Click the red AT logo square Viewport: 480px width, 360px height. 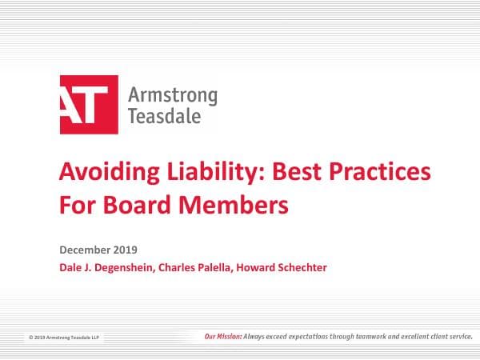(89, 104)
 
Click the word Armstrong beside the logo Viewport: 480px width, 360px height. (172, 96)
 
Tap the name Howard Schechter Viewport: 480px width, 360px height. (284, 267)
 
